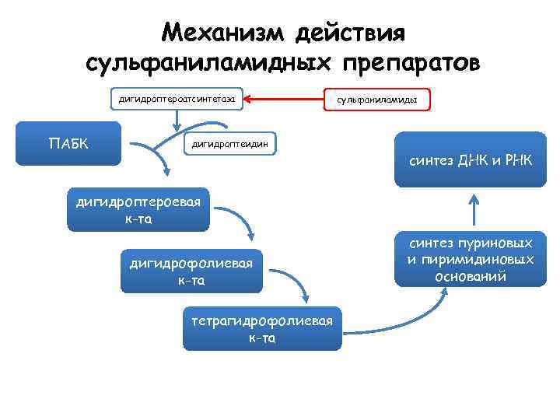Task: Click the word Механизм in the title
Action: pyautogui.click(x=220, y=33)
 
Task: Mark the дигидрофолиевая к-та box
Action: pyautogui.click(x=191, y=271)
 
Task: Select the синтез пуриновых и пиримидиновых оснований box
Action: pyautogui.click(x=474, y=258)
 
